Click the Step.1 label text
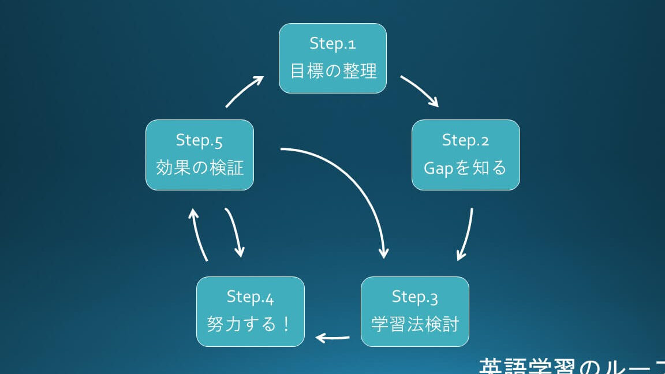(x=332, y=44)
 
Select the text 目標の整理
(x=333, y=71)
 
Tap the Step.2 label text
(x=465, y=140)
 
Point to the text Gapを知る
(x=465, y=168)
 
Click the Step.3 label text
(x=414, y=297)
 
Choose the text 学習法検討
(x=415, y=324)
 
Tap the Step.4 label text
(x=250, y=297)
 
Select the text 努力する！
(x=250, y=324)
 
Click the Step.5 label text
(x=199, y=140)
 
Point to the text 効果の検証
(x=200, y=168)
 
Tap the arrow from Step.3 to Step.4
(x=333, y=337)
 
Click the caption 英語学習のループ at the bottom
(x=571, y=366)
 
